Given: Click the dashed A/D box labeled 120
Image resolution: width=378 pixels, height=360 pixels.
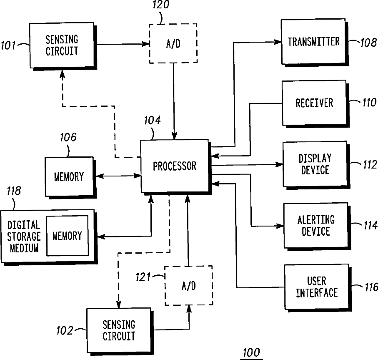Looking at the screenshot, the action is pyautogui.click(x=173, y=43).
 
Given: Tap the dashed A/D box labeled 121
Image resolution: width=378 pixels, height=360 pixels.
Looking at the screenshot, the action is pyautogui.click(x=188, y=286).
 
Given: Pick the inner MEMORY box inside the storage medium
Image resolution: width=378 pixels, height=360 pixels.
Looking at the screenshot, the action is pyautogui.click(x=67, y=236).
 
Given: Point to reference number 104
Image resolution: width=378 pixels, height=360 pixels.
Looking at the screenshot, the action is pyautogui.click(x=152, y=121).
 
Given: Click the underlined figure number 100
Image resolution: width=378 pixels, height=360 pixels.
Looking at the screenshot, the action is pyautogui.click(x=251, y=353).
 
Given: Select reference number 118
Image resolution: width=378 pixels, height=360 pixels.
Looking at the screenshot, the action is pyautogui.click(x=14, y=191).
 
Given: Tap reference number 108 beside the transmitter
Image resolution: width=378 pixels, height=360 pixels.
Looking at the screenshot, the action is pyautogui.click(x=368, y=43).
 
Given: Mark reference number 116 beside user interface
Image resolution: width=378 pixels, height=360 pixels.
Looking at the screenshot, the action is pyautogui.click(x=371, y=287).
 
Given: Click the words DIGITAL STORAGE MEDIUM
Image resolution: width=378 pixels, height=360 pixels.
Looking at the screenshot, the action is pyautogui.click(x=24, y=237).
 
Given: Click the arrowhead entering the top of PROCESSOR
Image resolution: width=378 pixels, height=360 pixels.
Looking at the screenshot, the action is pyautogui.click(x=174, y=136).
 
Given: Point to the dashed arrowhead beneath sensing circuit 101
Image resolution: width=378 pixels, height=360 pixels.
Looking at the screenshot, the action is pyautogui.click(x=63, y=74).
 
